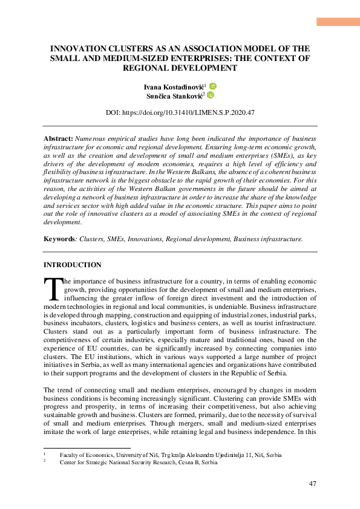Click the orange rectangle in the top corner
coord(338,22)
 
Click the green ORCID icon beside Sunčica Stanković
coord(211,95)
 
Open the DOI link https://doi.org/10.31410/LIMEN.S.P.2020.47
coord(180,112)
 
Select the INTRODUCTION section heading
coord(73,265)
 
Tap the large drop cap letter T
coord(53,290)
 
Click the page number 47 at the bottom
coord(313,484)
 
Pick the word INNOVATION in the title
coord(79,48)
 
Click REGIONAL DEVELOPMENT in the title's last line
coord(180,68)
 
